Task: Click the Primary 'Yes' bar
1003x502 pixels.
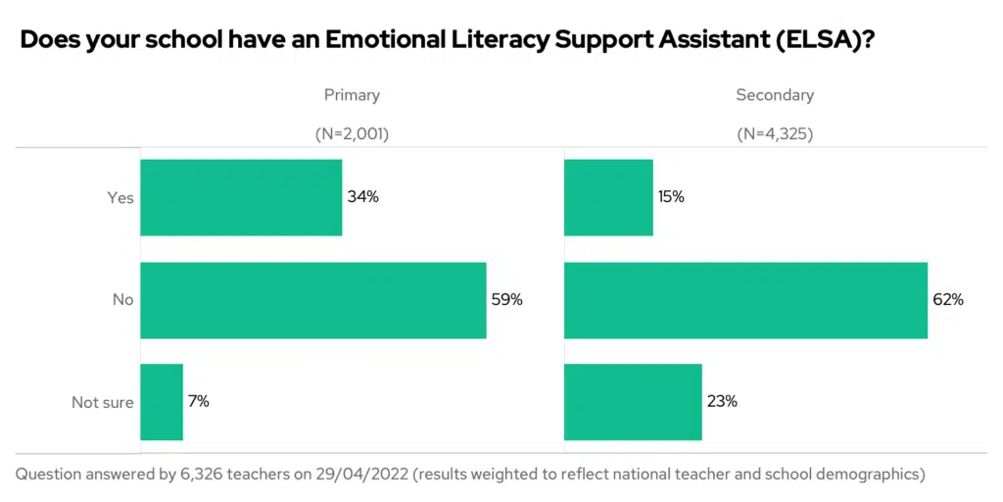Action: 241,197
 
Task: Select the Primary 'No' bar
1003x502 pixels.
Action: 313,300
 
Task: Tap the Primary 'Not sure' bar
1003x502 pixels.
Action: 162,402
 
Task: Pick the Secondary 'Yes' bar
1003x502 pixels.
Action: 608,197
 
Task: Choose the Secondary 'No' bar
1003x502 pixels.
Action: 745,300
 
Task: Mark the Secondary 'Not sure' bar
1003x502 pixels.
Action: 633,402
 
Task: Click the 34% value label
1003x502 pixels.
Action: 362,197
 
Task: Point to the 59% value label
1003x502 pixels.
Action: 506,300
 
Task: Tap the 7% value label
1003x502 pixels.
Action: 198,402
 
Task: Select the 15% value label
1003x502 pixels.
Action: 671,197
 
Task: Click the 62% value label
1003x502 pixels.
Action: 948,300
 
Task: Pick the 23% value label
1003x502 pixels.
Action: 722,402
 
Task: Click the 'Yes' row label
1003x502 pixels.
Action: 119,198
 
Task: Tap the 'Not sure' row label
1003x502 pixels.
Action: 102,403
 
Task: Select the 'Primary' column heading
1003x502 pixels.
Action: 352,95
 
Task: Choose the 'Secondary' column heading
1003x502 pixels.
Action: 775,95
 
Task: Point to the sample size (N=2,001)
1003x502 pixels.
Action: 352,134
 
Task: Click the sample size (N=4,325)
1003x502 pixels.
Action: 775,134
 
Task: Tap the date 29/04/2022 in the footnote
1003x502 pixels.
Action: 358,475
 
